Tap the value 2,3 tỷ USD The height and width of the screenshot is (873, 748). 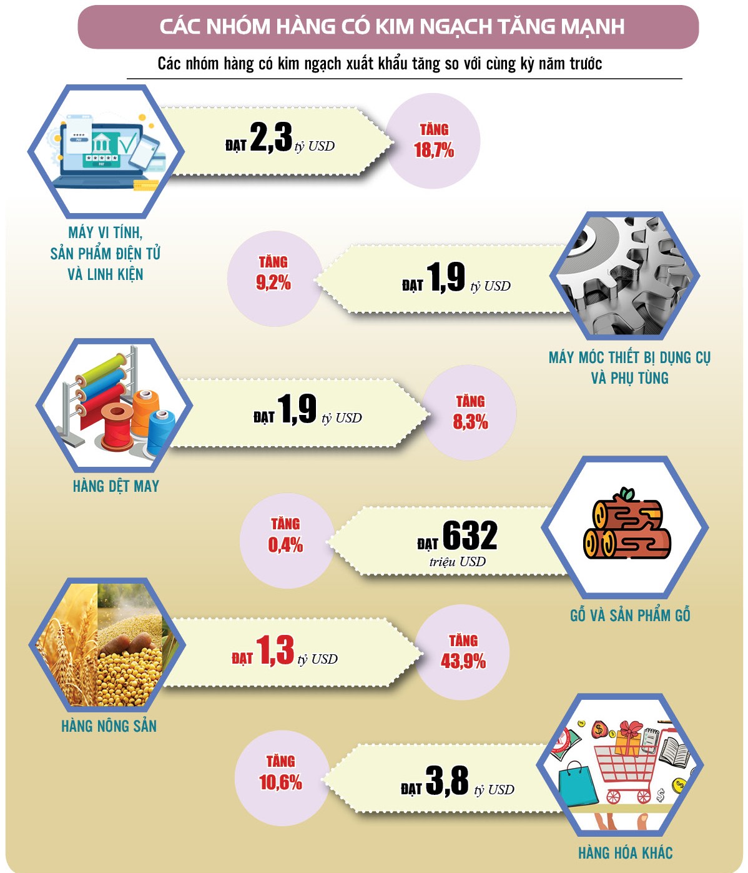[x=272, y=137]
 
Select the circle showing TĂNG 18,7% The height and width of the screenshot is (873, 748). [x=433, y=141]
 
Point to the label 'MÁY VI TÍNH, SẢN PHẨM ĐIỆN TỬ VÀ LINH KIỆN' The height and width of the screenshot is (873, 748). [x=106, y=253]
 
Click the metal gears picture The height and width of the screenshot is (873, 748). [x=624, y=275]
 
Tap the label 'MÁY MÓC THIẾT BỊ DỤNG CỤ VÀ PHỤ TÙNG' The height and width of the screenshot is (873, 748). [x=629, y=367]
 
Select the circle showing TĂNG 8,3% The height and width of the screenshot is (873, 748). [x=470, y=412]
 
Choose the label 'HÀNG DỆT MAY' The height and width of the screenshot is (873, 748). [x=116, y=486]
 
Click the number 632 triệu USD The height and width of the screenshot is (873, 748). [x=470, y=536]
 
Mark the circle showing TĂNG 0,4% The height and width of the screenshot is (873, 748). [x=285, y=536]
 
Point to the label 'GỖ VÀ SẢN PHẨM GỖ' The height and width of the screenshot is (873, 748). [x=629, y=616]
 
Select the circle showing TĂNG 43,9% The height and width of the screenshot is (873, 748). [x=463, y=652]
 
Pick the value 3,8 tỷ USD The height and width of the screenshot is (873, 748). [x=447, y=781]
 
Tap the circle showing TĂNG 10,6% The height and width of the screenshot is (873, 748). [x=280, y=773]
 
